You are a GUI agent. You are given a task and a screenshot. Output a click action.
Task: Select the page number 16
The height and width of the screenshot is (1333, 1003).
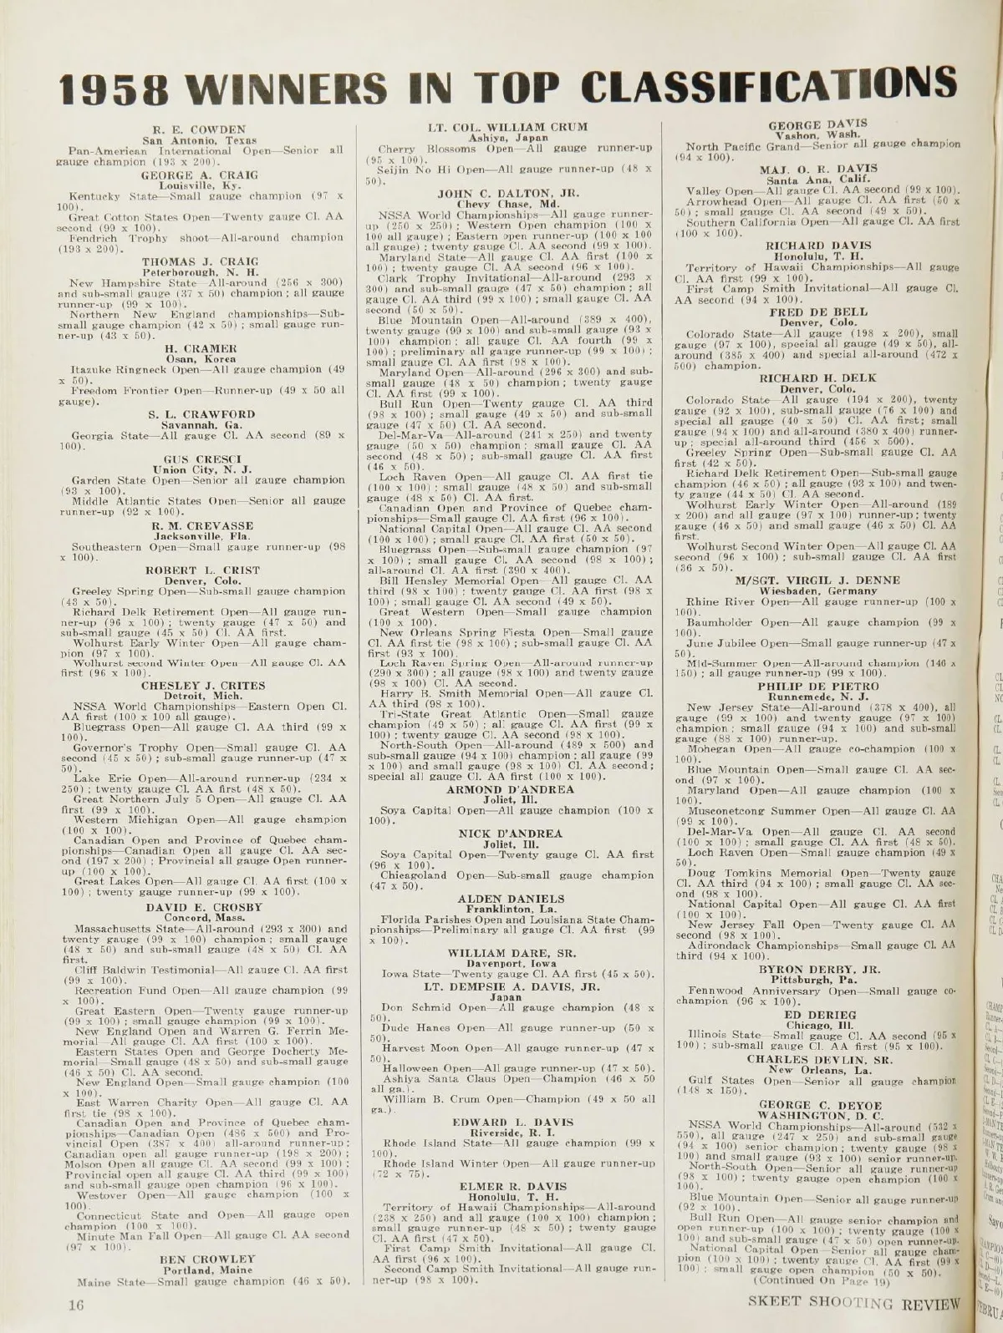tap(80, 1304)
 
